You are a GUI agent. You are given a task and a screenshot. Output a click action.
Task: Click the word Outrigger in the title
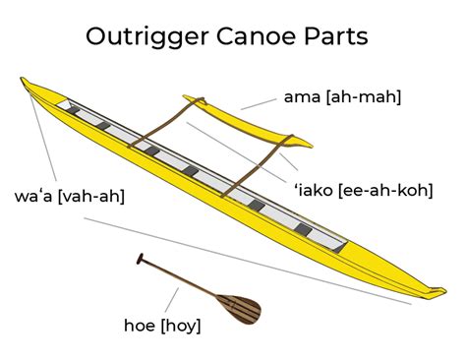point(147,37)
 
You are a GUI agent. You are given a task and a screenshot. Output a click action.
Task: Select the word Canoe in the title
point(257,35)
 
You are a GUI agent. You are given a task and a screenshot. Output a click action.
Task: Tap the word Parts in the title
point(336,35)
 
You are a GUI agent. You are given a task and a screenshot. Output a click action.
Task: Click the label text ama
point(302,97)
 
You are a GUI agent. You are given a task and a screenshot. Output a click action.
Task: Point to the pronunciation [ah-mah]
point(364,97)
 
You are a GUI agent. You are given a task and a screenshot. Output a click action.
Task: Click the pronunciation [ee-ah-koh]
point(385,190)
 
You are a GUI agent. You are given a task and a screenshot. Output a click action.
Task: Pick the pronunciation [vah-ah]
point(91,197)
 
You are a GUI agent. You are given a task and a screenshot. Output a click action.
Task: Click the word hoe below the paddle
point(140,326)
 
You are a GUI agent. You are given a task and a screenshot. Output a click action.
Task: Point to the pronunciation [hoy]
point(181,326)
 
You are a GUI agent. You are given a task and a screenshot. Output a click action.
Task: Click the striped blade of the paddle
point(240,309)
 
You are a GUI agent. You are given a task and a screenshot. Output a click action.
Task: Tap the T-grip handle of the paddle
point(140,259)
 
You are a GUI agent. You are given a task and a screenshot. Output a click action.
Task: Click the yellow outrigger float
point(247,121)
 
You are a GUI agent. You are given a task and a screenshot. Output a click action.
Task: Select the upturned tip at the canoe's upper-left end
point(24,81)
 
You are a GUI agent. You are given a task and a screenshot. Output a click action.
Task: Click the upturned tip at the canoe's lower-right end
point(438,291)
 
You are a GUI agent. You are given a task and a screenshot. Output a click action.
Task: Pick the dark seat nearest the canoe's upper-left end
point(74,110)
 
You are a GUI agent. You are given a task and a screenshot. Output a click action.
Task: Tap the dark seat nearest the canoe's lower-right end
point(303,229)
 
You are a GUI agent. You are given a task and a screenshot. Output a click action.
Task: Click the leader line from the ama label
point(259,104)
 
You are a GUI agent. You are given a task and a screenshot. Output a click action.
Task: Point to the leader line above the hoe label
point(172,300)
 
